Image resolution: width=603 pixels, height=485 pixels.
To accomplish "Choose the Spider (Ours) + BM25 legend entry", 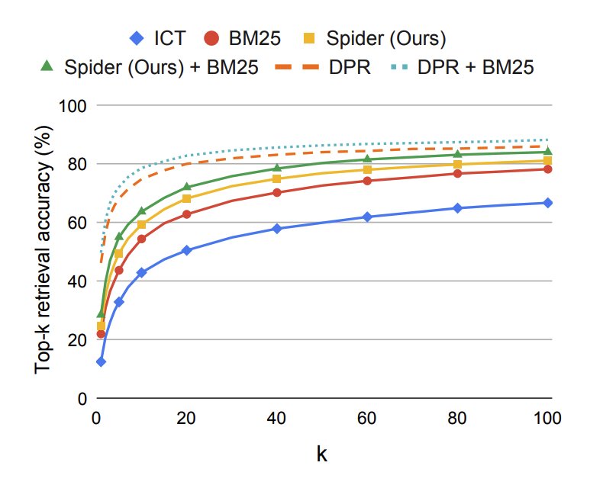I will coord(150,66).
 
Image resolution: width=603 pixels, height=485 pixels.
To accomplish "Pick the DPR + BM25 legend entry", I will coord(466,66).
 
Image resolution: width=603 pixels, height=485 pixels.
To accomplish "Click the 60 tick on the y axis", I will coord(77,223).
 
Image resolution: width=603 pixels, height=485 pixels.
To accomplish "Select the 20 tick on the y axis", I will coord(77,340).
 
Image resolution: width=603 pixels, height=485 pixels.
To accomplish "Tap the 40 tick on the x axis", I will coord(276,419).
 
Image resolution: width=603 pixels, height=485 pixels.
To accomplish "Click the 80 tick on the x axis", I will coord(457,419).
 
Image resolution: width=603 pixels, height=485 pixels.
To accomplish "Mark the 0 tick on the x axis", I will coord(96,419).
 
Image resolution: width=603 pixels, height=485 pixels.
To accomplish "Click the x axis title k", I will coord(322,454).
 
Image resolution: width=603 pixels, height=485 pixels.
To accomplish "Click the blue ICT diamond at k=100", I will coord(547,203).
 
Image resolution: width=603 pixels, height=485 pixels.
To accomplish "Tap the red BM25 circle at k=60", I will coord(367,181).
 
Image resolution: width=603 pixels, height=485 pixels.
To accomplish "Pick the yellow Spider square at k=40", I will coord(277,178).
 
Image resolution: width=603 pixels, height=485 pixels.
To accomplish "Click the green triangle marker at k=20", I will coord(186,187).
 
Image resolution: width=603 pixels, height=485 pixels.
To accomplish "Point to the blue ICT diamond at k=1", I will coord(101,361).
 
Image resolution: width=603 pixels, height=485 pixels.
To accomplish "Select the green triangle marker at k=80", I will coord(457,155).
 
